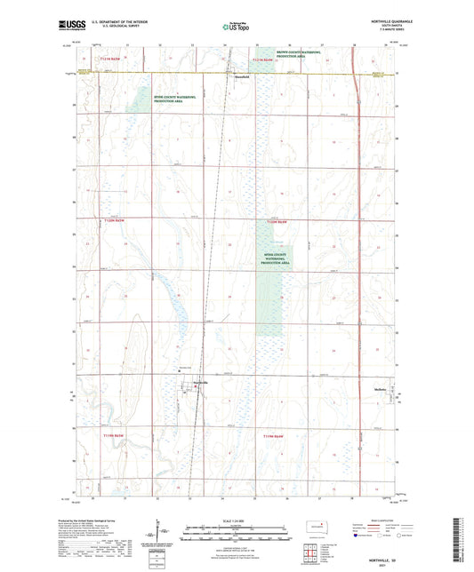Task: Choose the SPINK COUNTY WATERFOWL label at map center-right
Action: pyautogui.click(x=274, y=257)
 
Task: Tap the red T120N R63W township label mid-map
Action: pyautogui.click(x=277, y=221)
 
